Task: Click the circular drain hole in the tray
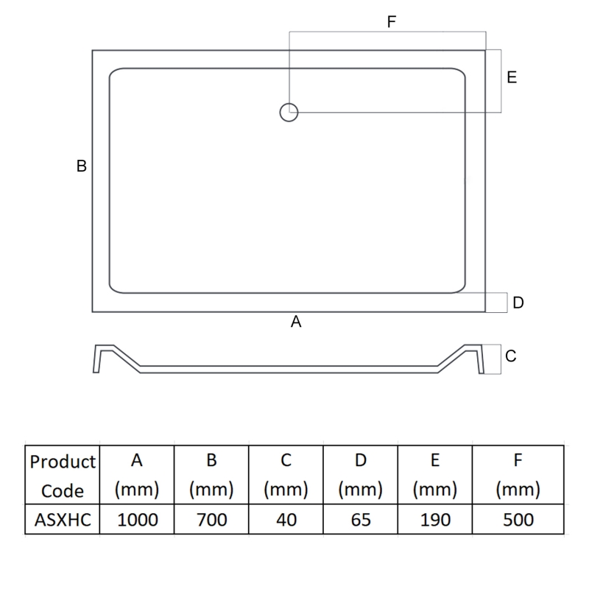289,113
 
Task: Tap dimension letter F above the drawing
392,22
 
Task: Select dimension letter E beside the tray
512,77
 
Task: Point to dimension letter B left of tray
82,166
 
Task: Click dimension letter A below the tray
297,322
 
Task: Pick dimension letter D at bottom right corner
518,303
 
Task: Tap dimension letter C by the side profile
511,356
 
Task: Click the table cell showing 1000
138,520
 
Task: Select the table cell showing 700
211,520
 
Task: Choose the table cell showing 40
286,520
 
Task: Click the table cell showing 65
361,520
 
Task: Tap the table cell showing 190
435,520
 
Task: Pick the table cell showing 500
518,520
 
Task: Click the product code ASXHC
63,520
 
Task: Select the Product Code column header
63,476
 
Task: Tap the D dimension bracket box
497,303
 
